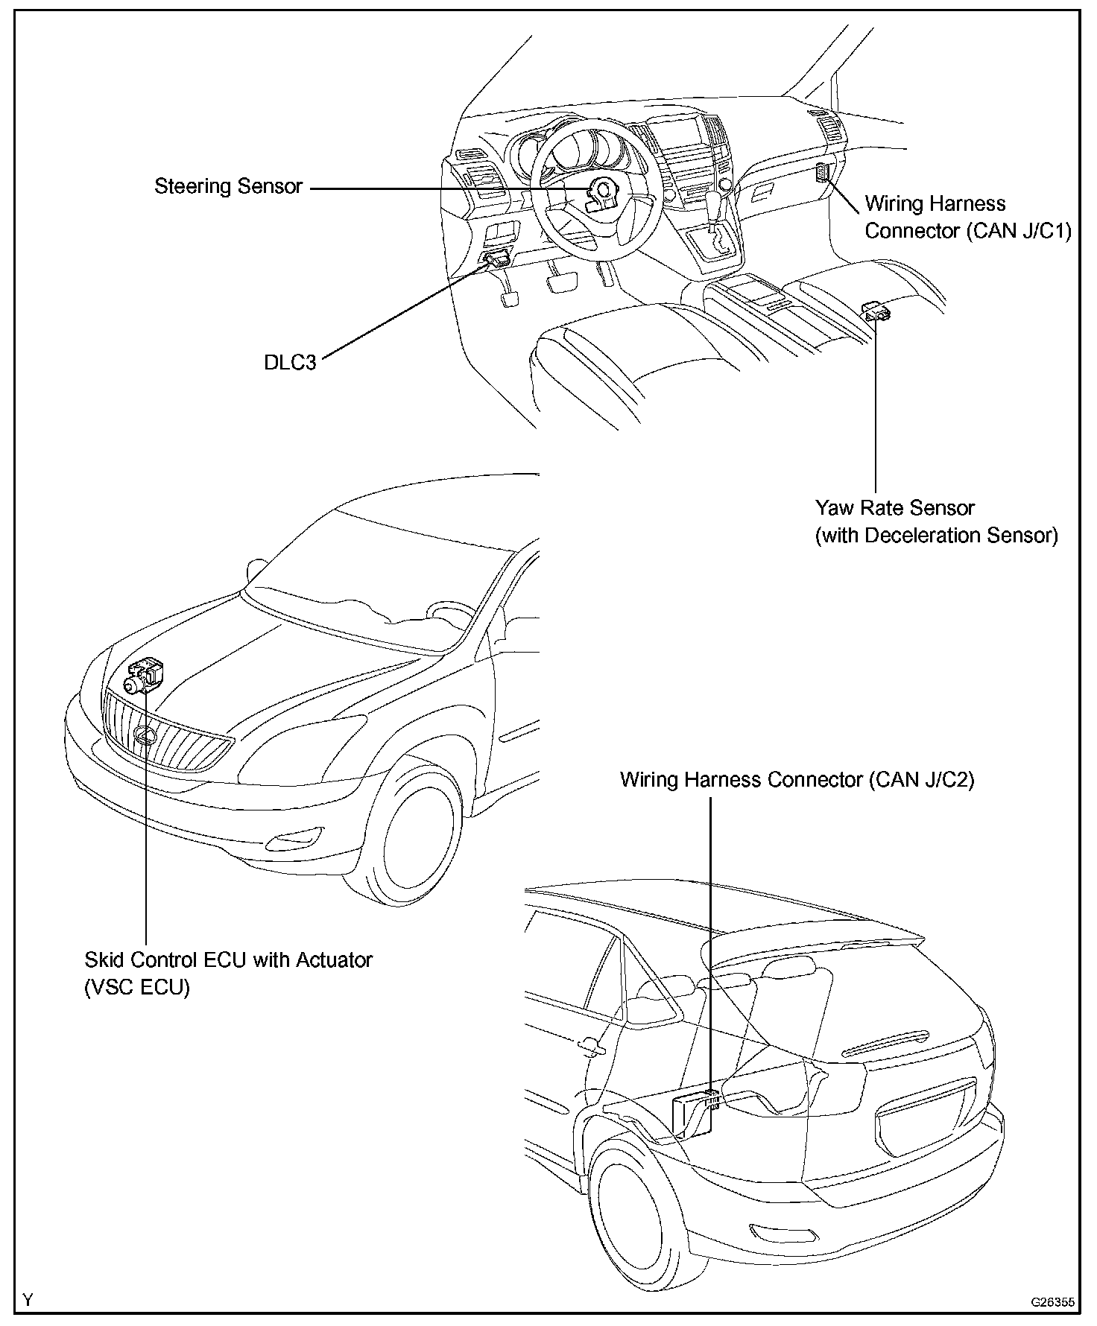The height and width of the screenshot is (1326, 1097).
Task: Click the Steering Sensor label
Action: (228, 186)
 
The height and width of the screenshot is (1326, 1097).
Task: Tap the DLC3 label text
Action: (290, 363)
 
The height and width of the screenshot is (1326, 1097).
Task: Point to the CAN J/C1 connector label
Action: (967, 218)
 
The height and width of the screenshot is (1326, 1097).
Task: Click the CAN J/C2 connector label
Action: (797, 780)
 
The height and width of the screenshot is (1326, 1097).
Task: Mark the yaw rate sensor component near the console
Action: (876, 311)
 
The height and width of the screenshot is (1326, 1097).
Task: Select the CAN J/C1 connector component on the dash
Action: (821, 173)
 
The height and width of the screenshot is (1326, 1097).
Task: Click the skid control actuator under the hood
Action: (145, 676)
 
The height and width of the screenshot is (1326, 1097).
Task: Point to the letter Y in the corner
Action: (28, 1301)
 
